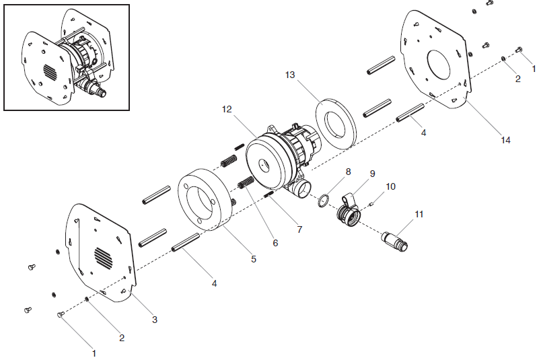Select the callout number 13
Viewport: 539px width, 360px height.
(290, 75)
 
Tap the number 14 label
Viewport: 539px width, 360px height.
(505, 140)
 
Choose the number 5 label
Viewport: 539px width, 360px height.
(254, 258)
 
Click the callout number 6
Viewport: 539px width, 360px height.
(275, 243)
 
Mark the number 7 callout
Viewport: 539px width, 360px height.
(299, 229)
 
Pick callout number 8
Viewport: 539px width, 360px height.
(348, 172)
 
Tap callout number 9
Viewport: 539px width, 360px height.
(372, 173)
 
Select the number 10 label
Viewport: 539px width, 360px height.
(391, 185)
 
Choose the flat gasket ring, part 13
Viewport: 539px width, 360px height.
(336, 122)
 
